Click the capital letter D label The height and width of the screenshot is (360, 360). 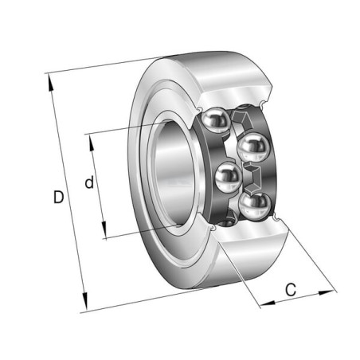pos(59,197)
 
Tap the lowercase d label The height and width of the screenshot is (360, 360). pos(89,182)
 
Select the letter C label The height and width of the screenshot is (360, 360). pos(291,290)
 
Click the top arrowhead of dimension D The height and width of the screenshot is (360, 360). pos(50,83)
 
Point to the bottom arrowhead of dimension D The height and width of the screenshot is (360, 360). pos(84,301)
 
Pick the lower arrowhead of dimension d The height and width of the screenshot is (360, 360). pos(104,229)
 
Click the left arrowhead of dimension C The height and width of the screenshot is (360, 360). pos(268,303)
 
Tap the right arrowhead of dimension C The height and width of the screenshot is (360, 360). pos(327,293)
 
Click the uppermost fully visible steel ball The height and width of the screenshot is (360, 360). pos(217,120)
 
